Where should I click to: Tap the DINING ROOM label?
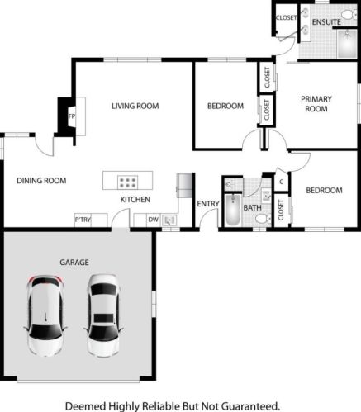click(x=41, y=180)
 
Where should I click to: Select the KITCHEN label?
click(x=135, y=200)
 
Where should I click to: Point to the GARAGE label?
click(x=74, y=262)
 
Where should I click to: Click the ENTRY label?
click(x=207, y=204)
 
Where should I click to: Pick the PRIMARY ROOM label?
click(x=316, y=103)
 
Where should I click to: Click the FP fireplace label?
click(x=72, y=116)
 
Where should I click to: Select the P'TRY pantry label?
click(x=83, y=220)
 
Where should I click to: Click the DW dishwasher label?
click(x=153, y=220)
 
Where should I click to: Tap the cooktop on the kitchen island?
click(x=128, y=181)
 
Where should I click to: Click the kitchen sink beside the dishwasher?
click(x=170, y=220)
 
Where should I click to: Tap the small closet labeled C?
click(x=281, y=182)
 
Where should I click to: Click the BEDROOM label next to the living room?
click(x=225, y=106)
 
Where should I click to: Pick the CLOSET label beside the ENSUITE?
click(x=286, y=17)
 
